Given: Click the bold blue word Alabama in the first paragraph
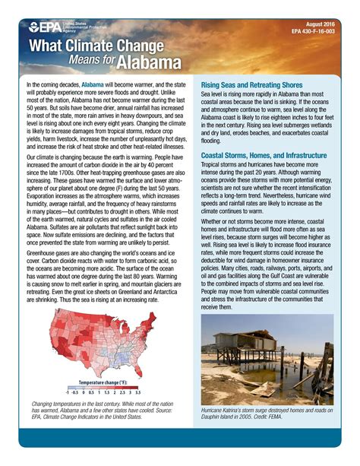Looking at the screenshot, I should coord(93,85).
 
